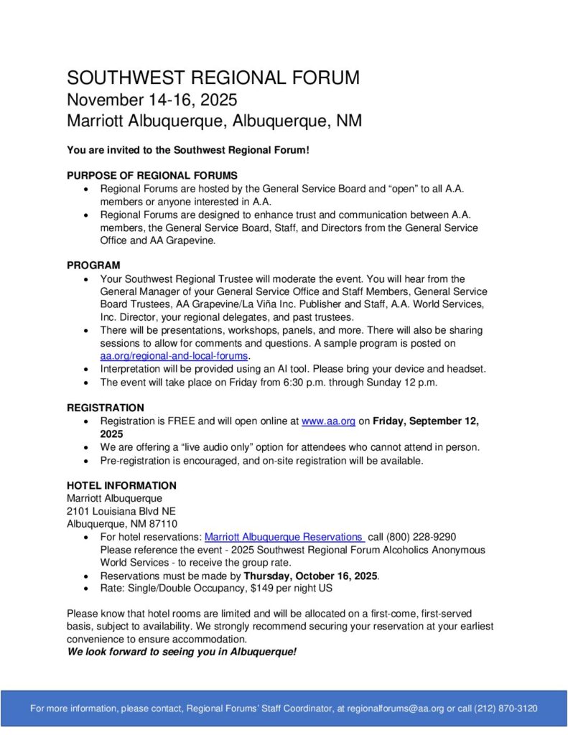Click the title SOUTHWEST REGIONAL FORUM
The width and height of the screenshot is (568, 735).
[x=213, y=78]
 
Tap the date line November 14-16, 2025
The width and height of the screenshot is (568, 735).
[x=152, y=100]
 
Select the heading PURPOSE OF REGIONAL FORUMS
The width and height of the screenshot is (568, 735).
[x=152, y=175]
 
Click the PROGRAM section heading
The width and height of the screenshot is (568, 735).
[x=93, y=266]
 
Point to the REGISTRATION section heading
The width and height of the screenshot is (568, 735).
[x=105, y=408]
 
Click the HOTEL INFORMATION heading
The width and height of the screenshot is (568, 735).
[x=121, y=485]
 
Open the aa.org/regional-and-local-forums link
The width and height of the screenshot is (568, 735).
[x=174, y=356]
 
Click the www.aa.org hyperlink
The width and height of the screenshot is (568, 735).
[x=328, y=421]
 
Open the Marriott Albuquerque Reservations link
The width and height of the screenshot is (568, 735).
[x=284, y=537]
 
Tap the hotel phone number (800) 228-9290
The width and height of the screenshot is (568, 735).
[x=422, y=537]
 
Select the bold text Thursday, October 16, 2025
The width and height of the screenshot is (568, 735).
[x=310, y=576]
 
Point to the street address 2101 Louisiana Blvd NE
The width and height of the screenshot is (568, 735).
[x=121, y=511]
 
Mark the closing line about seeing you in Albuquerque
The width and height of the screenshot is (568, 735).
[x=182, y=652]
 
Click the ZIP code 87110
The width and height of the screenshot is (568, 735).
[x=162, y=524]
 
